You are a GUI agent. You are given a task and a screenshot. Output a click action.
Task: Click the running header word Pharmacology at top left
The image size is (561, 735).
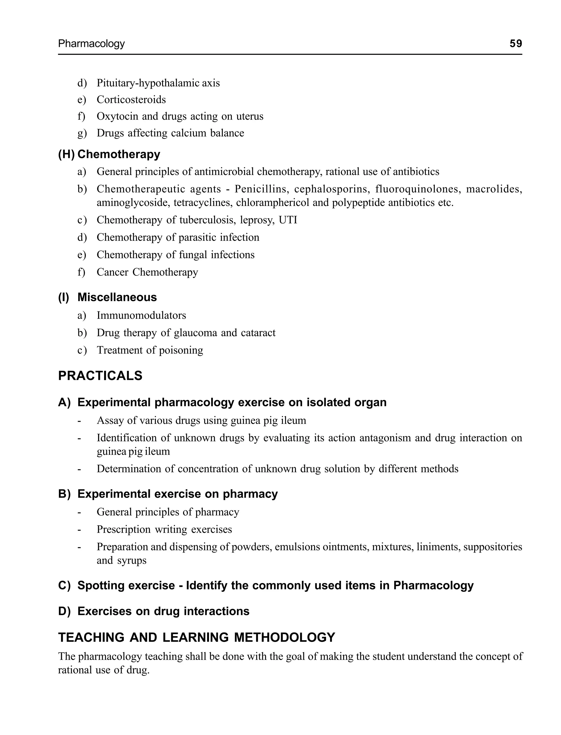click(x=91, y=44)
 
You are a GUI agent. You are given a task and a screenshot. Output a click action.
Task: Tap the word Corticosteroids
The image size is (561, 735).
click(x=131, y=99)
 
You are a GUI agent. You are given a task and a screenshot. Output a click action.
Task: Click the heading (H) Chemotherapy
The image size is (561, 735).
click(x=109, y=154)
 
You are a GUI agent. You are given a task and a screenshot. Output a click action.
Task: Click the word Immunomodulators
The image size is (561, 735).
click(x=141, y=315)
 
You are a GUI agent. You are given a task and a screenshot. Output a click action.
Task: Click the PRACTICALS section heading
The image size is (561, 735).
click(x=100, y=376)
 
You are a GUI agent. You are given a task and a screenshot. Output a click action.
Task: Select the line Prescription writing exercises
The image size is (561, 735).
click(x=164, y=529)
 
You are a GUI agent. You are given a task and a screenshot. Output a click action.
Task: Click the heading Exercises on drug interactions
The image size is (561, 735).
click(x=163, y=611)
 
